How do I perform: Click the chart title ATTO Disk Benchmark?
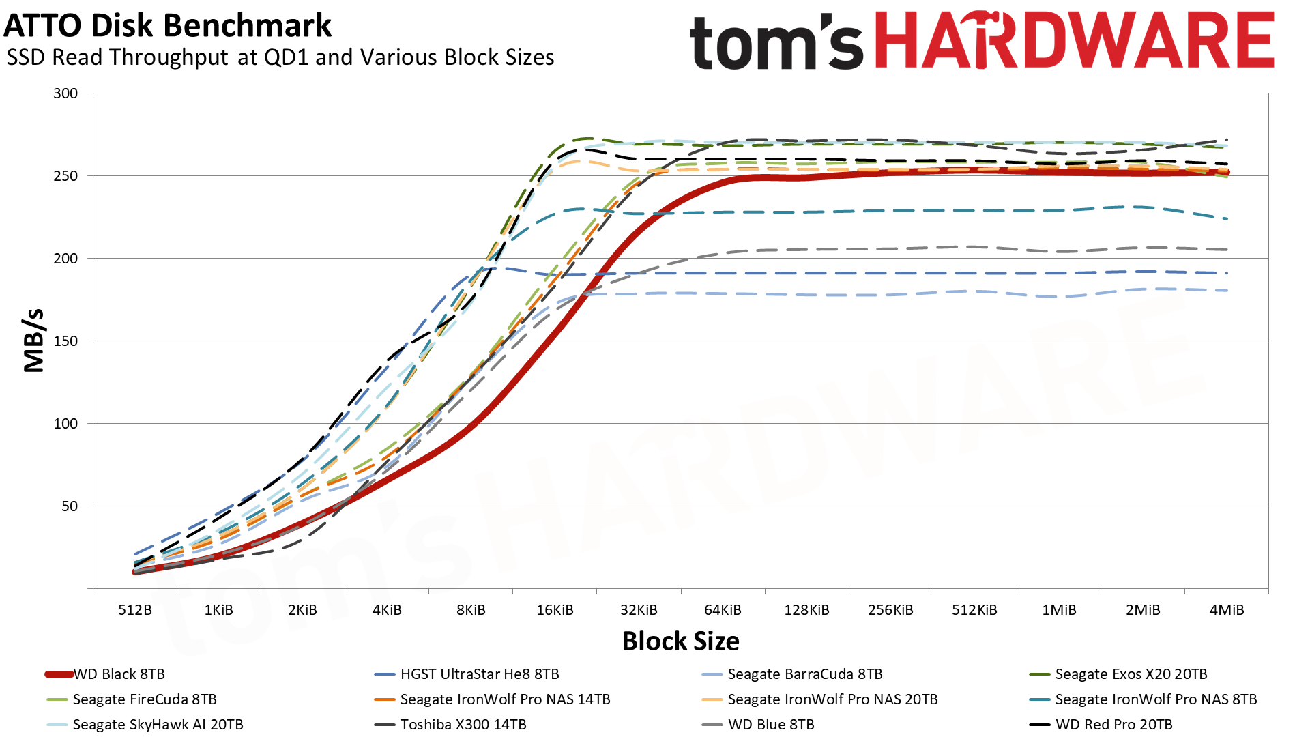(x=168, y=26)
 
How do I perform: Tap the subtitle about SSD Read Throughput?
(x=280, y=57)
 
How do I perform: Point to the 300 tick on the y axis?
(x=65, y=93)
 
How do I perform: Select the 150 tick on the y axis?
(x=65, y=341)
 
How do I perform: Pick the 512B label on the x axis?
(x=134, y=610)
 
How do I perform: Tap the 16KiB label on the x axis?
(x=555, y=610)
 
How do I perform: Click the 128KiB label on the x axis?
(x=806, y=610)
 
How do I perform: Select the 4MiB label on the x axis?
(x=1226, y=610)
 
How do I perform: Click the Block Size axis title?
(x=680, y=641)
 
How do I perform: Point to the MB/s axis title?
(x=34, y=341)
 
